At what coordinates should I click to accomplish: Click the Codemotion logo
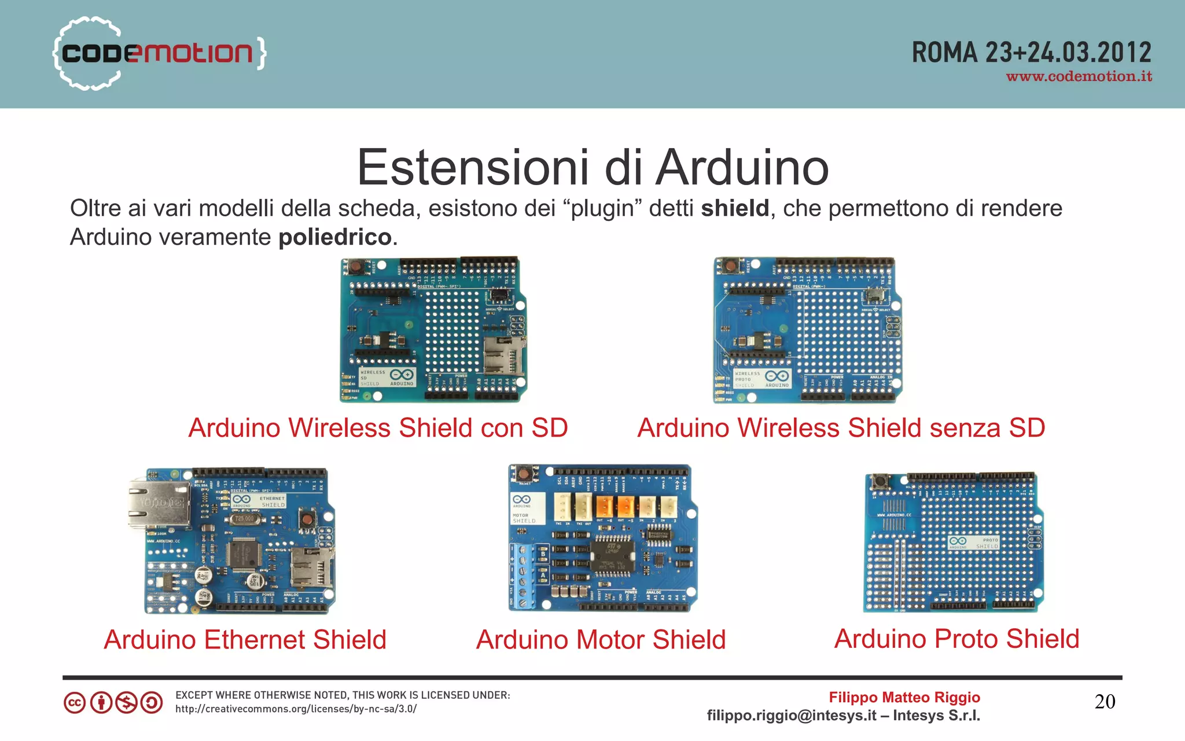pyautogui.click(x=159, y=53)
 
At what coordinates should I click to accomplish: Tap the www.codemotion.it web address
pyautogui.click(x=1079, y=76)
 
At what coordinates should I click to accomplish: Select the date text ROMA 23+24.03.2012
pyautogui.click(x=1031, y=52)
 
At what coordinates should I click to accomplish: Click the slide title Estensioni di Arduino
pyautogui.click(x=592, y=167)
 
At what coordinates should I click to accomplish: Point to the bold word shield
pyautogui.click(x=735, y=208)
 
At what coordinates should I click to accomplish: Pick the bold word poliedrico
pyautogui.click(x=335, y=237)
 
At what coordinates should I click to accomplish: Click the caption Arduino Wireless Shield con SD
pyautogui.click(x=378, y=428)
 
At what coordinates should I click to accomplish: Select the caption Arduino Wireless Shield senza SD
pyautogui.click(x=841, y=428)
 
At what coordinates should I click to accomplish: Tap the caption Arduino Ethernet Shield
pyautogui.click(x=245, y=640)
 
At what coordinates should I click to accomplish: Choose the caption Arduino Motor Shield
pyautogui.click(x=601, y=640)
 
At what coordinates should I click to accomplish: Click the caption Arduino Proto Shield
pyautogui.click(x=956, y=639)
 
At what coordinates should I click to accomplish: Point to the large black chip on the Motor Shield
pyautogui.click(x=612, y=556)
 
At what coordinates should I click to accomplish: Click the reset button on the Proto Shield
pyautogui.click(x=881, y=481)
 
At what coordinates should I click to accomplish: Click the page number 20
pyautogui.click(x=1105, y=702)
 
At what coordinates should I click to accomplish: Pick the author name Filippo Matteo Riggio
pyautogui.click(x=904, y=697)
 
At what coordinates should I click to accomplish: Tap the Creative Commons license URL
pyautogui.click(x=296, y=709)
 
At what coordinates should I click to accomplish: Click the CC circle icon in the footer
pyautogui.click(x=75, y=703)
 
